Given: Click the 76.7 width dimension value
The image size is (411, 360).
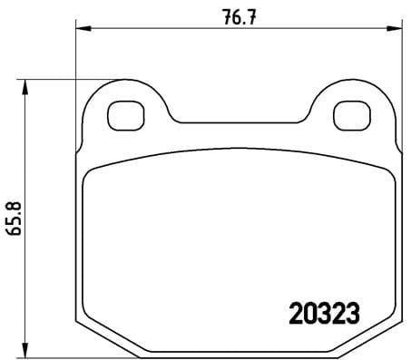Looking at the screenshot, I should click(x=238, y=15).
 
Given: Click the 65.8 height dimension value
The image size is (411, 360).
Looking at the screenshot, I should click(x=13, y=218).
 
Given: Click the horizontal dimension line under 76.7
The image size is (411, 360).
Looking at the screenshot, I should click(x=181, y=31).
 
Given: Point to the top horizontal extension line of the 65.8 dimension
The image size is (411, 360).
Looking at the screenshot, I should click(x=64, y=80).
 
